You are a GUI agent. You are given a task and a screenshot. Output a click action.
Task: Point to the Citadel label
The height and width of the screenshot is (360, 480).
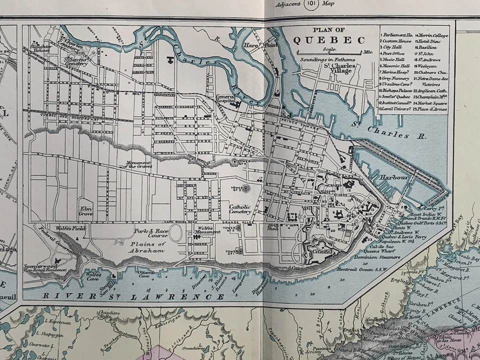[324, 253]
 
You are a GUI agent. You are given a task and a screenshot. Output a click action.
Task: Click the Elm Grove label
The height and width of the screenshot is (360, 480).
[85, 210]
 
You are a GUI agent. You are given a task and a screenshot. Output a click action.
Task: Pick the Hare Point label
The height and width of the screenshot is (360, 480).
[253, 45]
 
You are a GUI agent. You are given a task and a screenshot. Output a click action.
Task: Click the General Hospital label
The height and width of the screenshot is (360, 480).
[226, 100]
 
